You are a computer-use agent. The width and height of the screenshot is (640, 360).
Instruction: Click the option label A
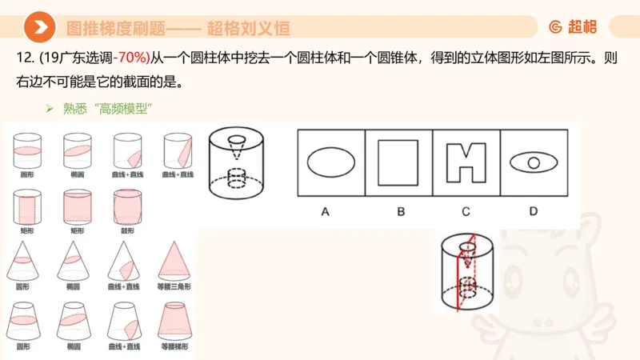[x=326, y=211]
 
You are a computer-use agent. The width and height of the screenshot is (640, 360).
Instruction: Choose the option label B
[x=400, y=211]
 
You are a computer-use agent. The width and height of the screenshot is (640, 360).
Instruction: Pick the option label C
[x=466, y=211]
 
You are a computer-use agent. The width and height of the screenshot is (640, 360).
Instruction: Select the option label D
[x=534, y=211]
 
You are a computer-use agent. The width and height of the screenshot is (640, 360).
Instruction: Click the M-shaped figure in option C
[x=466, y=162]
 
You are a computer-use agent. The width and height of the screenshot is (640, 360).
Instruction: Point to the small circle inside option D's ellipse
[x=534, y=163]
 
